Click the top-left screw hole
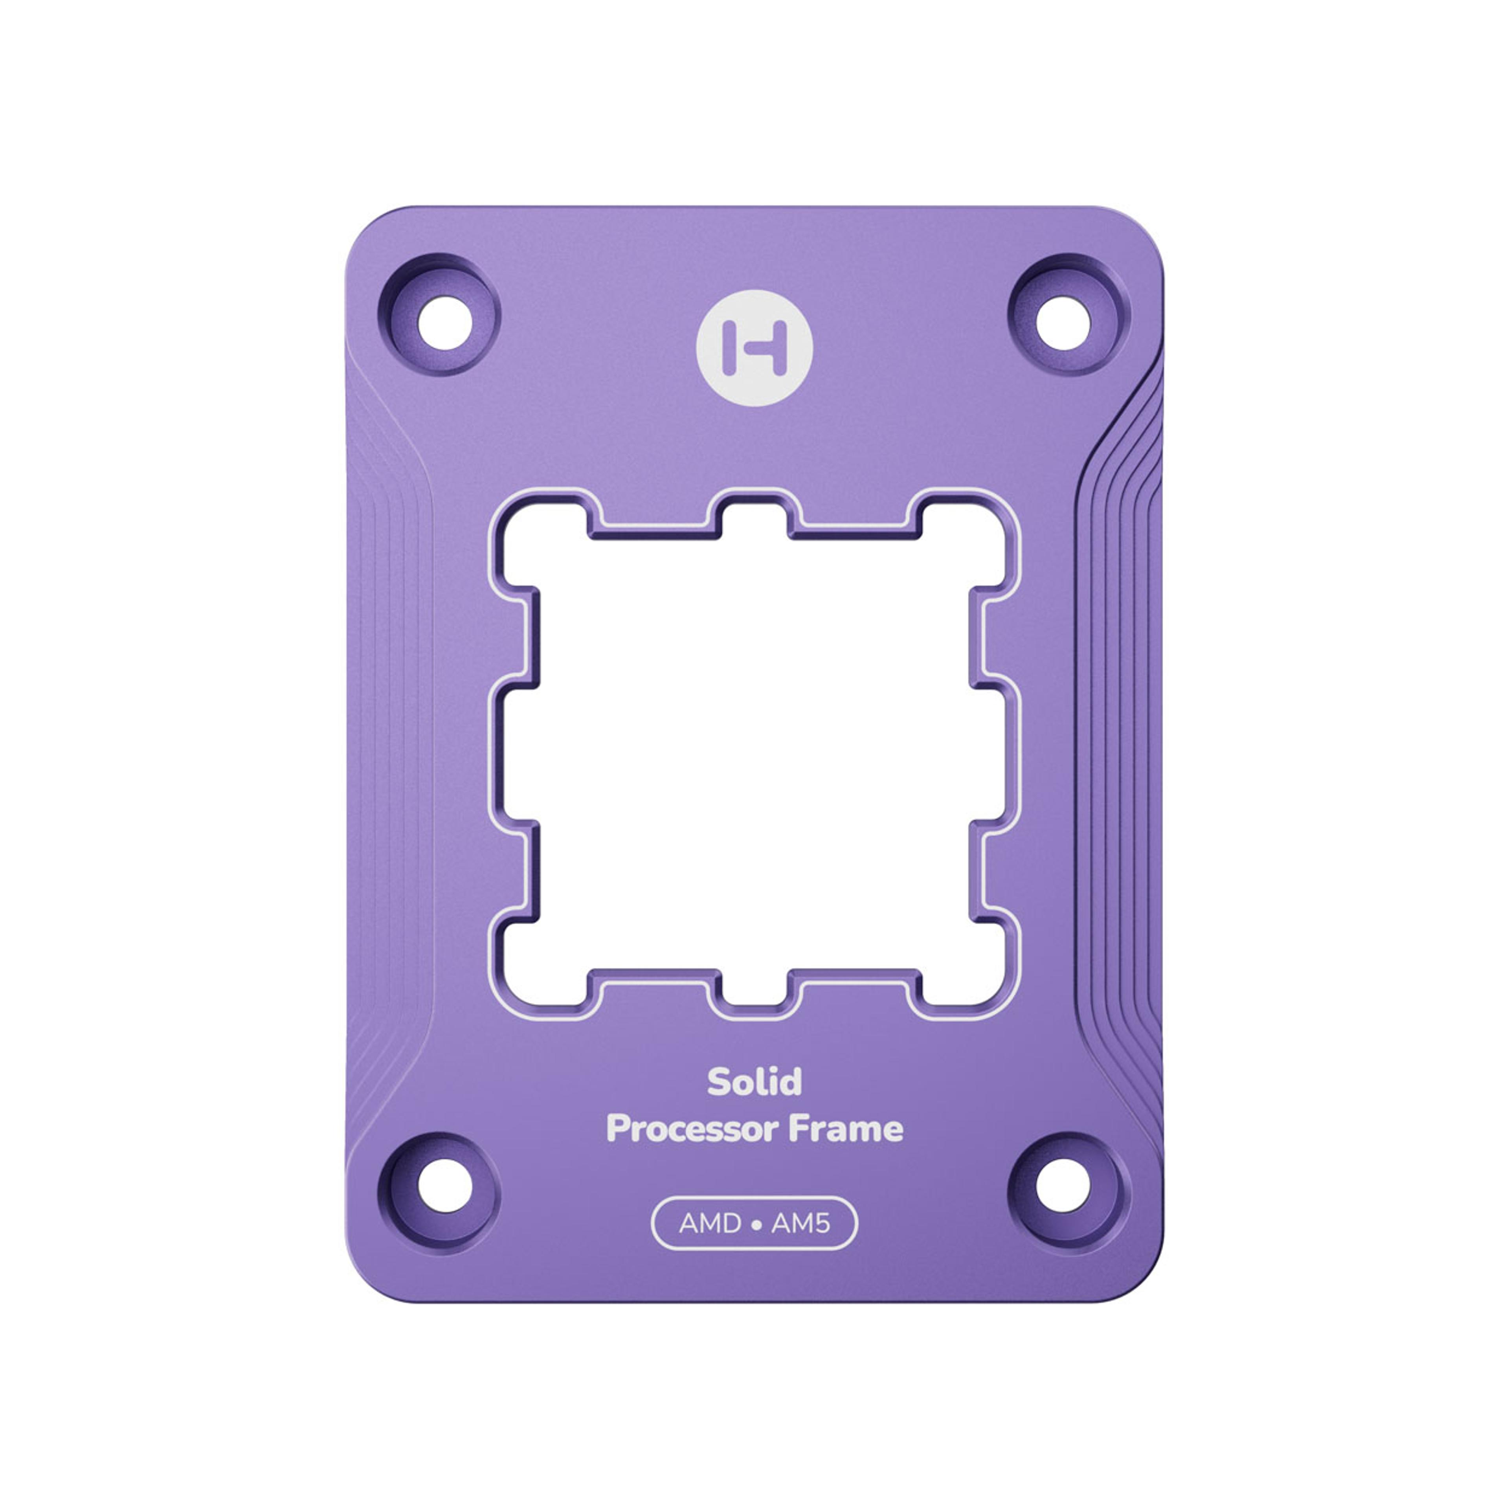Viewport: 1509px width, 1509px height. click(444, 323)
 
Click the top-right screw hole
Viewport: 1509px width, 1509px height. click(1063, 323)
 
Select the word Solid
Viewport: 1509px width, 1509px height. click(754, 1082)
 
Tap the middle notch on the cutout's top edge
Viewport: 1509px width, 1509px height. click(754, 516)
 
